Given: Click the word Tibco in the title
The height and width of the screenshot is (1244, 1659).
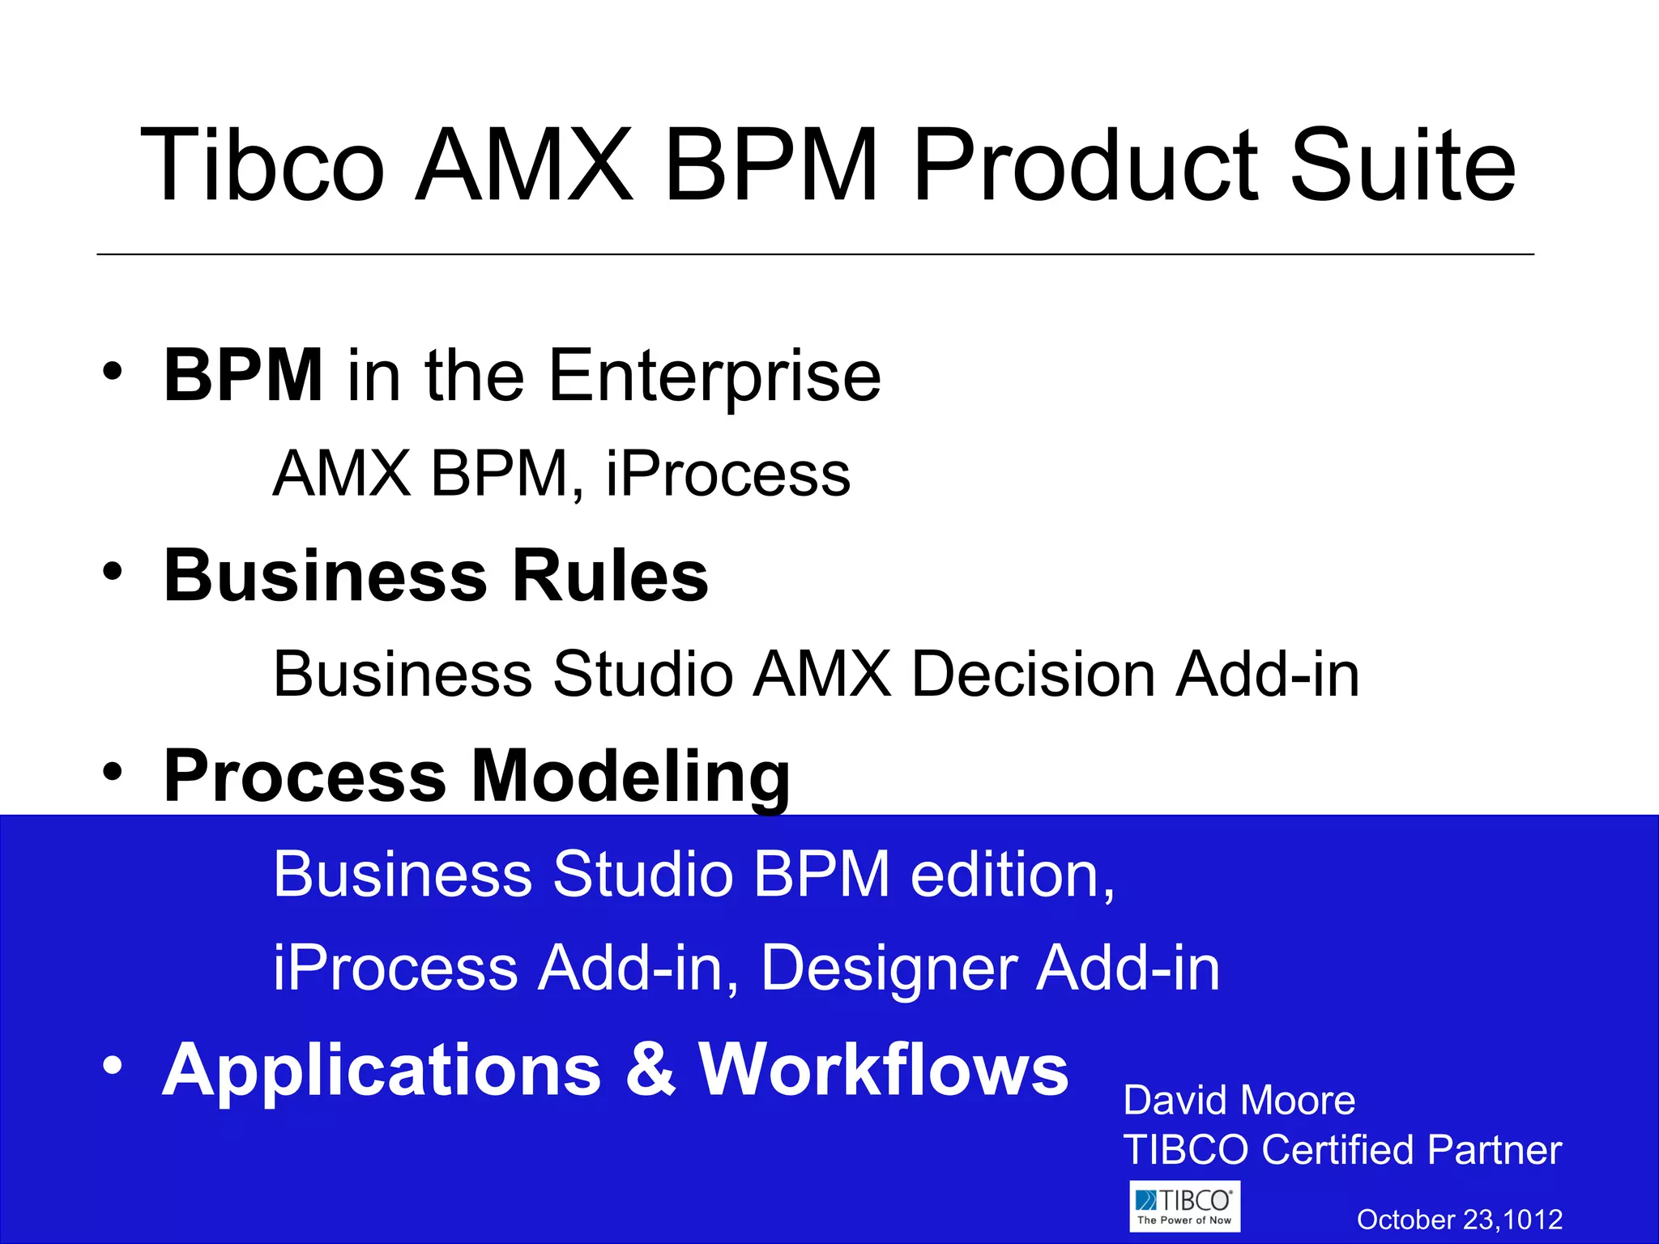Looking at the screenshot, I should [x=262, y=166].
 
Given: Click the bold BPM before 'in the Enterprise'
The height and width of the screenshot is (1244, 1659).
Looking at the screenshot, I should [x=243, y=375].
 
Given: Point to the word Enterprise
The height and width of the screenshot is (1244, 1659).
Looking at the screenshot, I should [x=714, y=377].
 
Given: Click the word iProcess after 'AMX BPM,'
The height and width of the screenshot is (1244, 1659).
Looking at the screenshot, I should [x=727, y=475].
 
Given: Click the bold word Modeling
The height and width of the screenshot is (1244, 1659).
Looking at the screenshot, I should [x=630, y=776].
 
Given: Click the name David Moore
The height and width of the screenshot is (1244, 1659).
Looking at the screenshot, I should [x=1239, y=1101].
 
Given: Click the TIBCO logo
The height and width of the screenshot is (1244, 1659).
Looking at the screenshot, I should [x=1184, y=1207].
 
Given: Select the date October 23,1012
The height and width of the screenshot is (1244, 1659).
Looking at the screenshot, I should [x=1459, y=1220].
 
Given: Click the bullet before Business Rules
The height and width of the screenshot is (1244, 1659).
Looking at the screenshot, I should [x=113, y=571].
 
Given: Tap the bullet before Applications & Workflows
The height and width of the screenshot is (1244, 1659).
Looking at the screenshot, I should [x=113, y=1066].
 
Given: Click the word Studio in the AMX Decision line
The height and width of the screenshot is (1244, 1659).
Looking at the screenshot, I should [x=642, y=674].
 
